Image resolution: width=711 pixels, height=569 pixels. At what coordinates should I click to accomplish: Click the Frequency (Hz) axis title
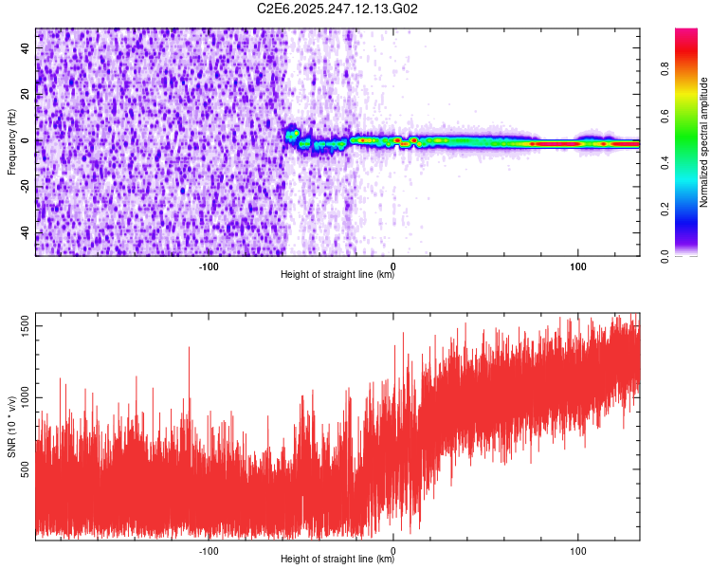coord(11,142)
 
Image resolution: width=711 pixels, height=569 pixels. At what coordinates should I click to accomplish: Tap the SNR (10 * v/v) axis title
coord(11,428)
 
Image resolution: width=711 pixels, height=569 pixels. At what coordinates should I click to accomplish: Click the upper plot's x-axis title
coord(337,275)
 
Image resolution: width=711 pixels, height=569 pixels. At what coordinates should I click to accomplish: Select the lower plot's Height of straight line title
coord(337,559)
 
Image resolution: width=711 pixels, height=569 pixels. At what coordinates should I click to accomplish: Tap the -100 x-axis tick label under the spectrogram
coord(210,266)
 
